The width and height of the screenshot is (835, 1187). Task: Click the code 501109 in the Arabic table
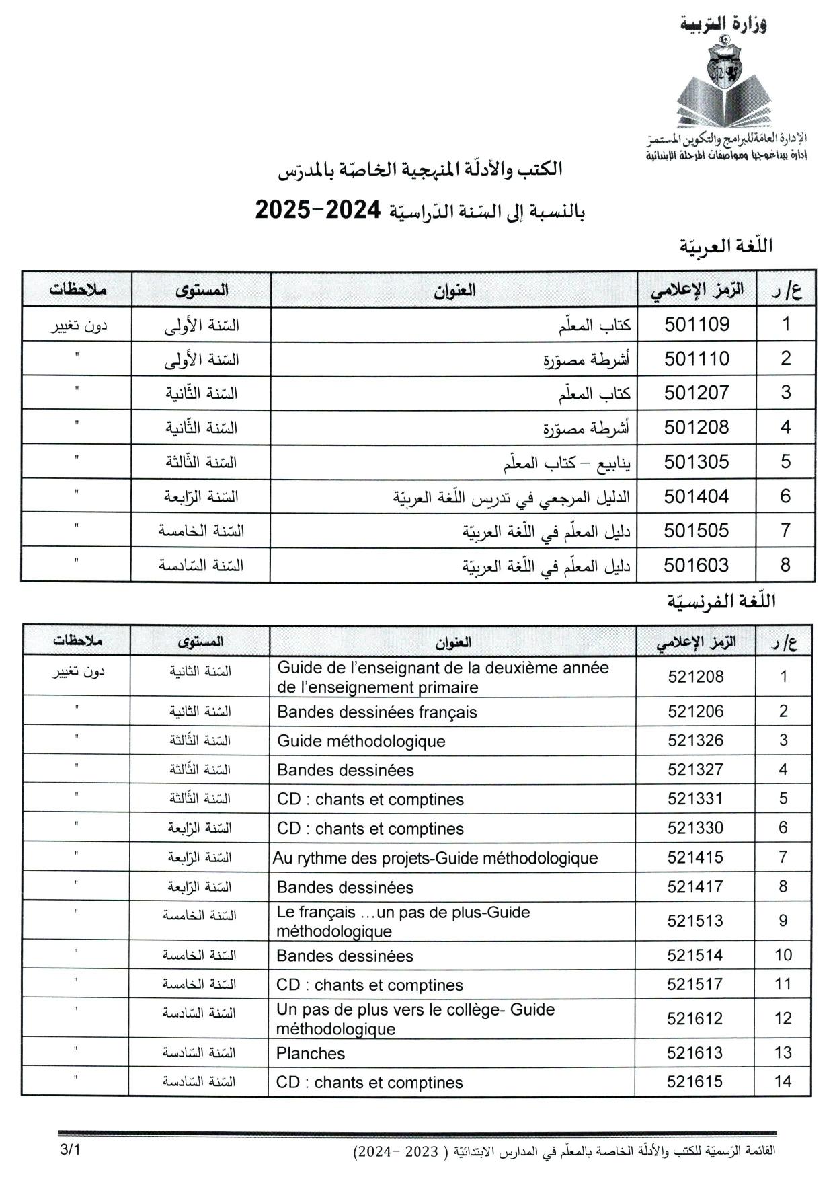(697, 324)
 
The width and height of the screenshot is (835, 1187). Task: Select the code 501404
(697, 496)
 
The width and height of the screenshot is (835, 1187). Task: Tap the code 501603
(697, 565)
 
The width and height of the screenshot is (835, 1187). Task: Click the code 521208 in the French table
(696, 677)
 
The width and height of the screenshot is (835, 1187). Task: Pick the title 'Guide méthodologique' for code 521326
(361, 741)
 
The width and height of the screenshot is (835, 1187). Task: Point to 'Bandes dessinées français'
(376, 712)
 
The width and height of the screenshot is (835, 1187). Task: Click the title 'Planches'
(311, 1053)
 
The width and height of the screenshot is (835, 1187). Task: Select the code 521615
(695, 1082)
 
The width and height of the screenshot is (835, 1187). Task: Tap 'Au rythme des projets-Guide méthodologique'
(435, 858)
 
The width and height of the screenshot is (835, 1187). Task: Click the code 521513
(695, 921)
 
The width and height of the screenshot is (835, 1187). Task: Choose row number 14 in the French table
(783, 1082)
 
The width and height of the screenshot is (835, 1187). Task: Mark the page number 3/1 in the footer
(69, 1150)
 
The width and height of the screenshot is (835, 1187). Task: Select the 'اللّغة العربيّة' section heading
(725, 246)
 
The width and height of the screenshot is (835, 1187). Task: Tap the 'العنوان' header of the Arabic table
(454, 290)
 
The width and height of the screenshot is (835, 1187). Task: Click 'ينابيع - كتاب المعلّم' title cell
(567, 463)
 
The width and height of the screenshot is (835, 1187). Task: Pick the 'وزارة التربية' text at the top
(723, 24)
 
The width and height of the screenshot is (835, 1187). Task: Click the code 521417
(695, 887)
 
